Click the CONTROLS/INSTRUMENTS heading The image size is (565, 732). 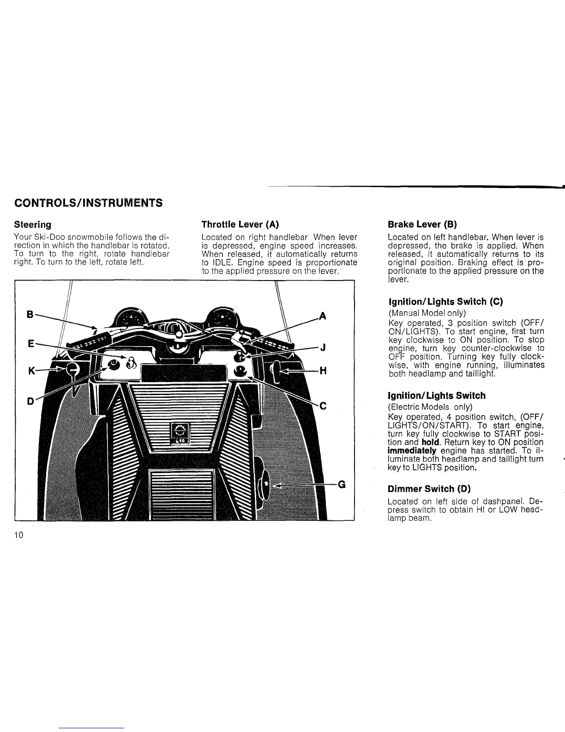click(88, 203)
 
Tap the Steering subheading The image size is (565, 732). click(32, 225)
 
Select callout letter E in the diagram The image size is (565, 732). click(30, 344)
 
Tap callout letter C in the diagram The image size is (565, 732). click(323, 406)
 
